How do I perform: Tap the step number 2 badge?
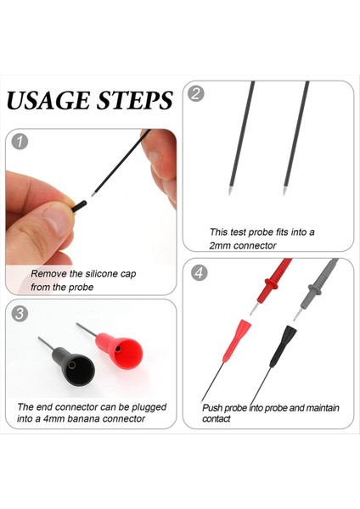click(196, 93)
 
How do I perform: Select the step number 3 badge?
click(20, 313)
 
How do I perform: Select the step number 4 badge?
click(198, 272)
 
